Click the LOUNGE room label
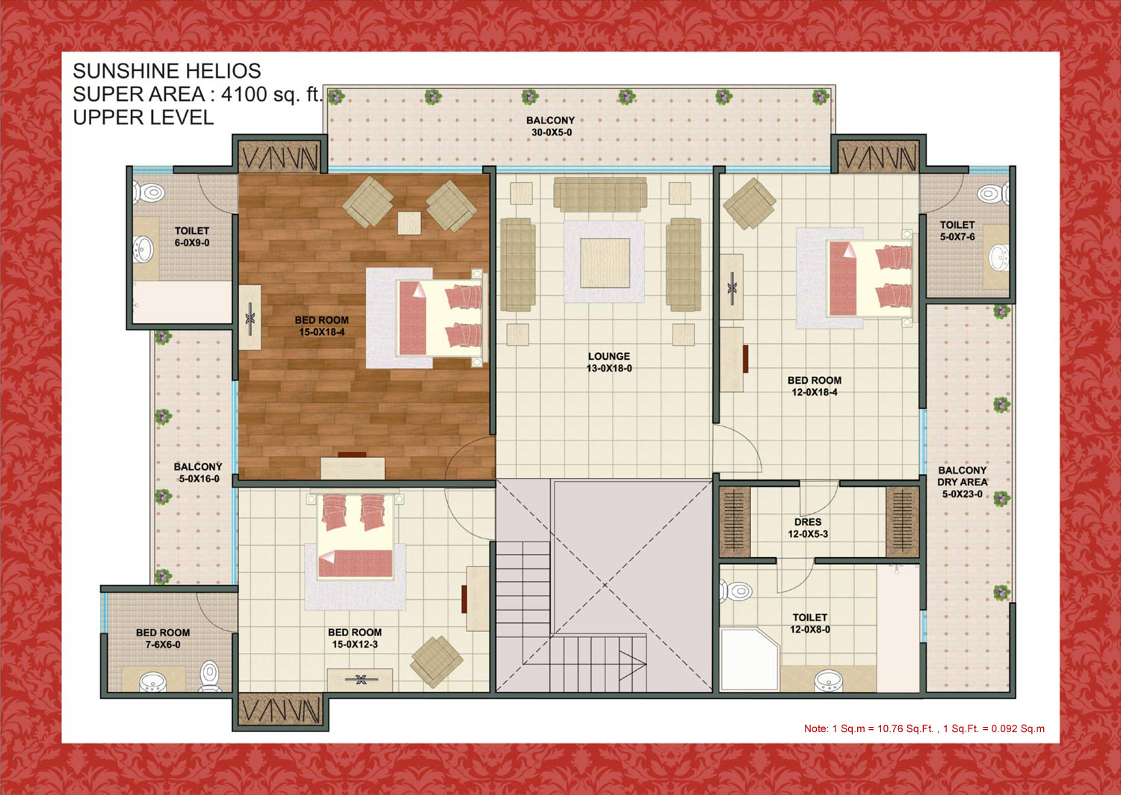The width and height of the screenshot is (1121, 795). click(x=609, y=356)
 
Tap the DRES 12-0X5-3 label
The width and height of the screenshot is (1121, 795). click(x=808, y=528)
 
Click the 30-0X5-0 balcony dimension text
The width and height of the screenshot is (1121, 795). click(x=551, y=132)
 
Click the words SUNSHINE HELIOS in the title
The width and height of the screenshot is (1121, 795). click(x=167, y=70)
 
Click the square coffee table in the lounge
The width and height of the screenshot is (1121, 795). click(x=605, y=263)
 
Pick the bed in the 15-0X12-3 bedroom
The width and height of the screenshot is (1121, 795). click(x=355, y=536)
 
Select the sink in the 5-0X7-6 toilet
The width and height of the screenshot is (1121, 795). click(x=999, y=257)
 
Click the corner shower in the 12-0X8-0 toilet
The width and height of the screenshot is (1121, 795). click(x=749, y=660)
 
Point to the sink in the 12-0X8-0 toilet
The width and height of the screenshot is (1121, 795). click(x=828, y=681)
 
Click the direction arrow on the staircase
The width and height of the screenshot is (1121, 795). click(x=632, y=665)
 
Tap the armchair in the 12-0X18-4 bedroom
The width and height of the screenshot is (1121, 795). click(x=749, y=204)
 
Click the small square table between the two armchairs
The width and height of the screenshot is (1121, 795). click(x=409, y=223)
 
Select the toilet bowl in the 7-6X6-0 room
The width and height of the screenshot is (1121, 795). click(x=210, y=676)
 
